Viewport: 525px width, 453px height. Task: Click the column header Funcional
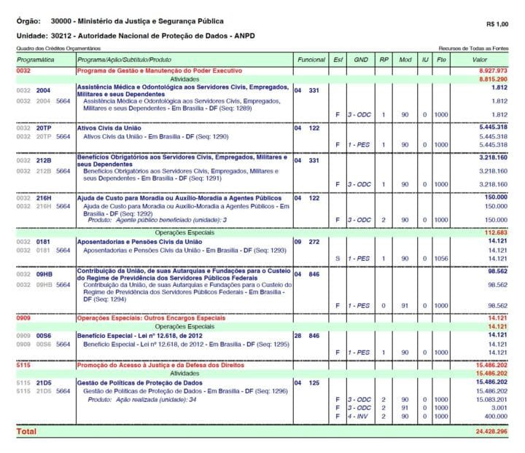click(311, 58)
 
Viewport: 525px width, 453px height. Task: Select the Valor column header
click(479, 58)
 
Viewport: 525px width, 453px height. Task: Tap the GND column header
click(360, 58)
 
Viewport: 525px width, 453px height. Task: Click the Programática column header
click(36, 58)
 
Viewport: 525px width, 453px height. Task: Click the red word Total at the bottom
click(26, 431)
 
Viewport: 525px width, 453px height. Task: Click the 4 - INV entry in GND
click(359, 415)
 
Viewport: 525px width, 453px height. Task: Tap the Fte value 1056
click(442, 258)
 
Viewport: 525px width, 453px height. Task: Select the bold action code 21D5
click(44, 382)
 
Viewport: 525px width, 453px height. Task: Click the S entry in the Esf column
click(337, 258)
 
